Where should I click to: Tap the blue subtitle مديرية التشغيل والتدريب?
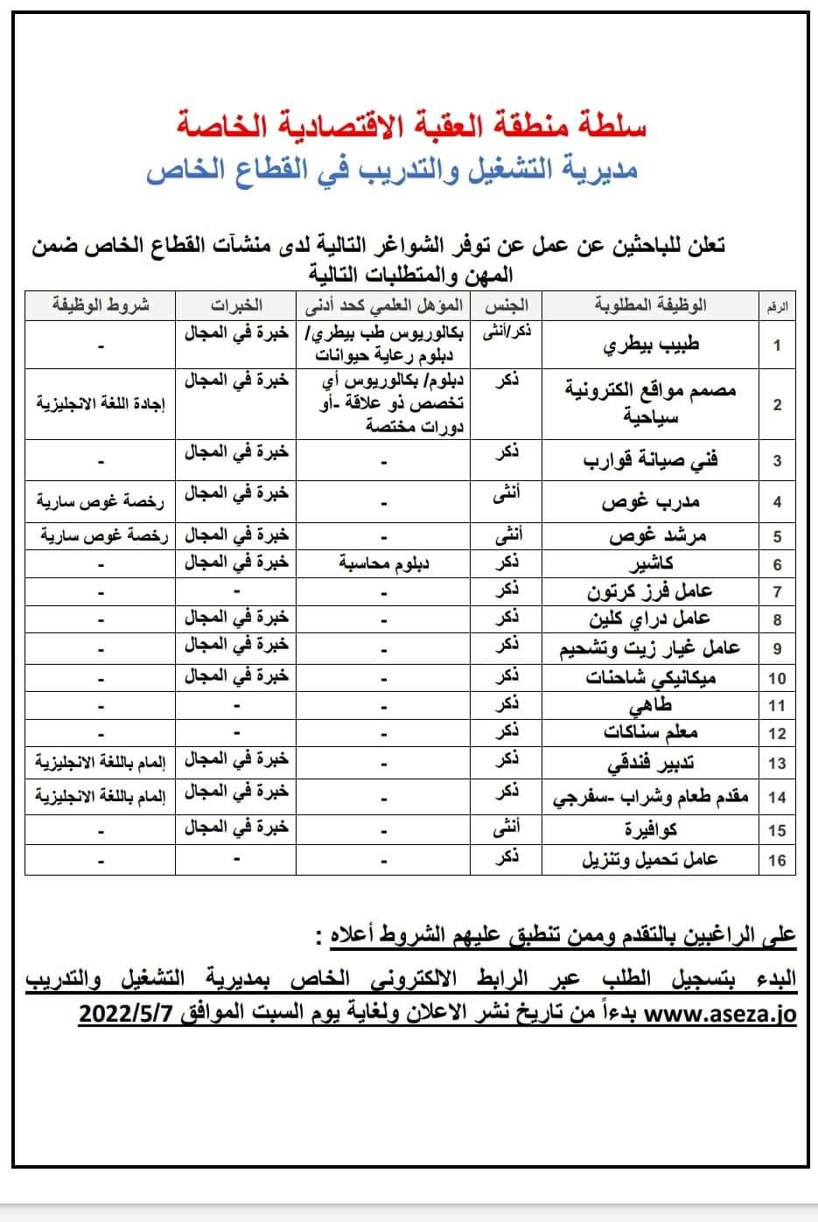(392, 170)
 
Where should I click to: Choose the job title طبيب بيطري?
(651, 344)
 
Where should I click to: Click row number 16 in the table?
(777, 860)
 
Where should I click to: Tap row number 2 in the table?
(777, 405)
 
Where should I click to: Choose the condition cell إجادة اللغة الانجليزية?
(100, 404)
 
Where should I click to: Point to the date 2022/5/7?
(131, 1015)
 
